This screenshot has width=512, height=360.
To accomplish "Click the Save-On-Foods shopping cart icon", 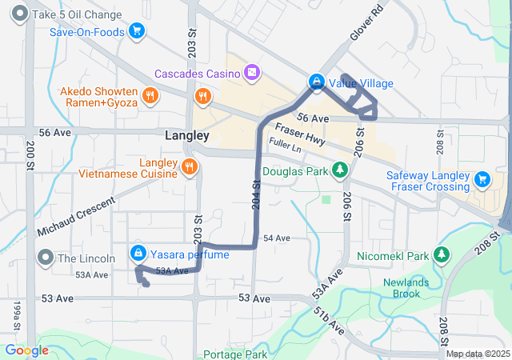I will coord(137,32).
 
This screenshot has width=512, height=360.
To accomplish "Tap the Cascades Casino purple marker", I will coord(252,74).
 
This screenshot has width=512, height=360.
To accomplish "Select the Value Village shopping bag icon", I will coord(317,82).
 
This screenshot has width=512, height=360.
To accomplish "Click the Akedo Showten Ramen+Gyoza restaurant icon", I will coord(149,97).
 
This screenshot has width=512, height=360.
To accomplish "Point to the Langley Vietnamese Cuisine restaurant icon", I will coord(189,166).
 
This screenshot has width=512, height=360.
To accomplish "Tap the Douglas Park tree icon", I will coord(341,170).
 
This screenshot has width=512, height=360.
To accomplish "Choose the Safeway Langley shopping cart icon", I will coord(482,178).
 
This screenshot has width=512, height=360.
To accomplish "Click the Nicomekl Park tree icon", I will coord(441,254).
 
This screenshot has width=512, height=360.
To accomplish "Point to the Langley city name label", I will coord(186,136).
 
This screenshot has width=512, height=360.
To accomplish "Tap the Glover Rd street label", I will coord(367,24).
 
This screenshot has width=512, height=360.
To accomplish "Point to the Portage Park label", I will coord(235,354).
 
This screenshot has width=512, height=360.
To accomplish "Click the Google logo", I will coord(26,350).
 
